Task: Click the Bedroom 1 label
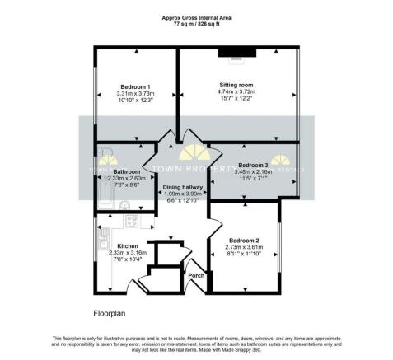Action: (135, 87)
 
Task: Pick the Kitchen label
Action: (127, 246)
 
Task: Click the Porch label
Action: (196, 275)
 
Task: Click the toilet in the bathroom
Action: (124, 204)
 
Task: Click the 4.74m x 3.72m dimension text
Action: (236, 92)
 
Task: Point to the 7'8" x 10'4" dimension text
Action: (127, 260)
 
